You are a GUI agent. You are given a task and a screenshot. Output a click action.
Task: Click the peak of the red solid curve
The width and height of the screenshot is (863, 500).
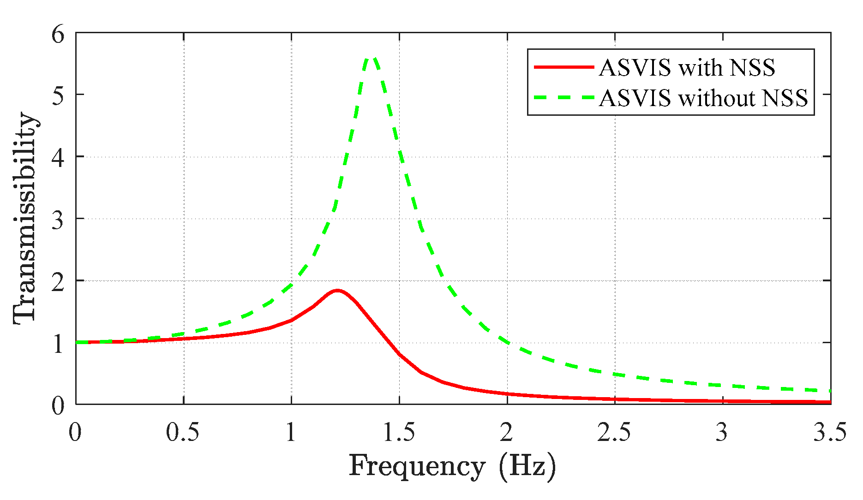point(337,291)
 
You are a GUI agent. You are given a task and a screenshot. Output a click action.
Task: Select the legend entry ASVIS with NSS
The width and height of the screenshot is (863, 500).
point(687,68)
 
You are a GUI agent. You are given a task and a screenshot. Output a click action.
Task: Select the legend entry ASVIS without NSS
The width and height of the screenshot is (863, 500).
point(703,98)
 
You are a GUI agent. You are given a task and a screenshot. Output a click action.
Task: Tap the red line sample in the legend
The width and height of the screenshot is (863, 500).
point(563,67)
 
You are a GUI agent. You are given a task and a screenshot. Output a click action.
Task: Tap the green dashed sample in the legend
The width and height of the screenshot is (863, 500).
point(563,98)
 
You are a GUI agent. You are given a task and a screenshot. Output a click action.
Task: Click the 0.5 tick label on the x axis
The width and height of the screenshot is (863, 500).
point(183,433)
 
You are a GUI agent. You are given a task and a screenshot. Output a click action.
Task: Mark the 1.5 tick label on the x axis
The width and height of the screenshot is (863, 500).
point(399,433)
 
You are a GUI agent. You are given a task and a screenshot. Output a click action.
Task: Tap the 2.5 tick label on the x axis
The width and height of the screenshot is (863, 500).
point(614,433)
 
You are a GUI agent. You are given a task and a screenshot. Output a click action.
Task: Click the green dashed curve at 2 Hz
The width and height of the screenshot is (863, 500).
point(507,342)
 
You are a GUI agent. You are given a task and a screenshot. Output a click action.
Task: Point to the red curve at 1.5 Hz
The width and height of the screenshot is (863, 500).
point(400,355)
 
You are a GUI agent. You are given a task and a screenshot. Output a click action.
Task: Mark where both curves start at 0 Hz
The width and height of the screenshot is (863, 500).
point(77,342)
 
